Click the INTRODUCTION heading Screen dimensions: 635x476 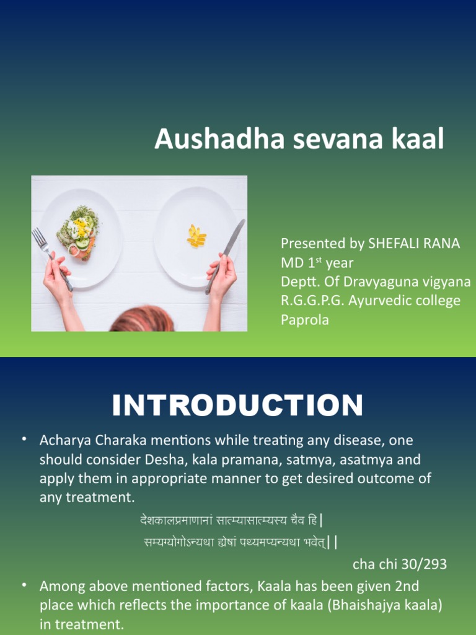coord(237,406)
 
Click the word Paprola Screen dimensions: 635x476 coord(305,320)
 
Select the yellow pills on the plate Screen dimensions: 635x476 coord(196,238)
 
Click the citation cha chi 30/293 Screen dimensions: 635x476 coord(400,564)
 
